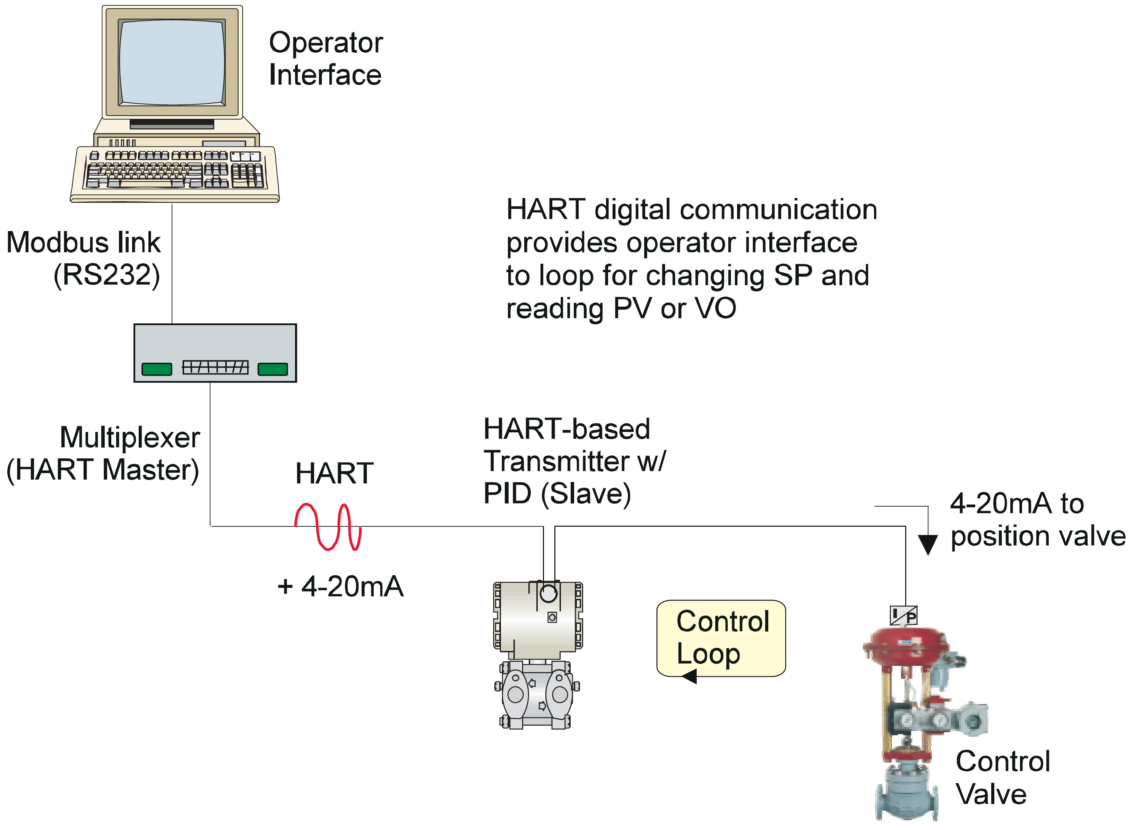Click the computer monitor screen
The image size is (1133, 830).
[x=172, y=61]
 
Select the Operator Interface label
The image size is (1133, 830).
[x=325, y=58]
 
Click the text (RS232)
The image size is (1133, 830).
[x=106, y=275]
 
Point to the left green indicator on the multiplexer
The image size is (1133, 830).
[x=157, y=369]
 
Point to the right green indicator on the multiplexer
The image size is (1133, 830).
[x=273, y=369]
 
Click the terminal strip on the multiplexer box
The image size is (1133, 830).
[x=215, y=367]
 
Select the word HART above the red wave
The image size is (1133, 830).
[x=334, y=473]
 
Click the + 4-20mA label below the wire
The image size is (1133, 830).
[x=340, y=586]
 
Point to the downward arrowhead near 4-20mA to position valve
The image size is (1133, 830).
[x=928, y=545]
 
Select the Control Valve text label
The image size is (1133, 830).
[x=1002, y=778]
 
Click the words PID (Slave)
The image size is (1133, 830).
[x=557, y=494]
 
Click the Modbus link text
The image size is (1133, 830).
[x=83, y=243]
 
